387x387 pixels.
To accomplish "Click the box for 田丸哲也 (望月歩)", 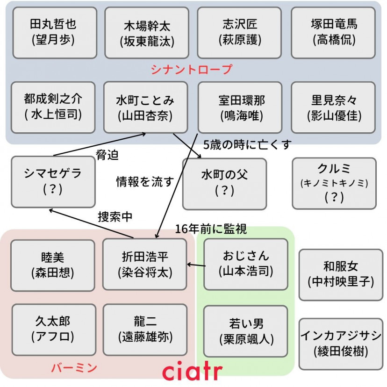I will (x=53, y=32).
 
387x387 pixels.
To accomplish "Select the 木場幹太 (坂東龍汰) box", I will (x=146, y=33).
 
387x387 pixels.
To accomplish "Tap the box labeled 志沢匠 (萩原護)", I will (x=239, y=32).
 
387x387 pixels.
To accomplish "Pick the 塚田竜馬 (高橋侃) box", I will (x=333, y=32).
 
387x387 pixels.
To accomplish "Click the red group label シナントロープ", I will (x=192, y=70).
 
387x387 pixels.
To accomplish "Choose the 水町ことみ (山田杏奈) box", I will (x=145, y=107).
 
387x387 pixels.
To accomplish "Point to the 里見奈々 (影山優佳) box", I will (x=333, y=107).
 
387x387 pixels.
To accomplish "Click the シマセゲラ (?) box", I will (x=53, y=181).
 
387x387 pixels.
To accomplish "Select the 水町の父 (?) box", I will (x=224, y=183).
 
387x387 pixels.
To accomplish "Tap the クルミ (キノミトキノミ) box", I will (x=334, y=183).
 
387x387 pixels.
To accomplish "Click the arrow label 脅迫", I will (x=107, y=156).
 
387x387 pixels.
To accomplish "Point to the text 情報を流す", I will (x=145, y=182).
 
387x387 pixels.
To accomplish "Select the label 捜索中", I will (x=115, y=216).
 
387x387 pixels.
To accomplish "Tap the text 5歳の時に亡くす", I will (x=247, y=145).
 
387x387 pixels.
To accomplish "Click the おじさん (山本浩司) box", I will (x=246, y=264).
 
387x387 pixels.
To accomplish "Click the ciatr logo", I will (x=193, y=371).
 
